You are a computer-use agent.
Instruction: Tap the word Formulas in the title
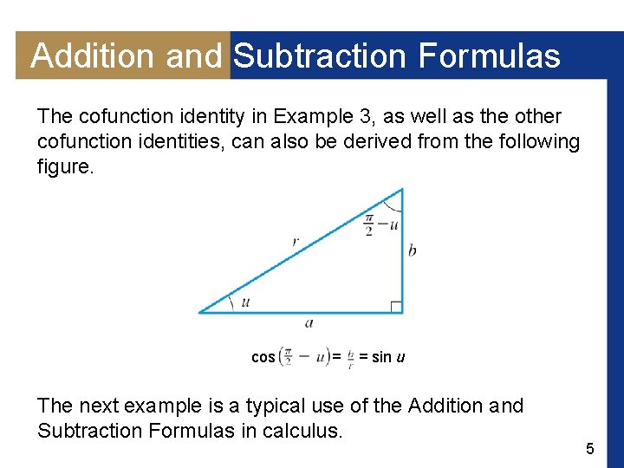click(490, 56)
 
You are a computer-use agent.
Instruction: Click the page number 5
click(590, 449)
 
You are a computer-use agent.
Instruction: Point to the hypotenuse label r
click(296, 242)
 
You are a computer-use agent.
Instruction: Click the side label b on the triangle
click(413, 250)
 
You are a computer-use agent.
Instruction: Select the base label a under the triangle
click(309, 322)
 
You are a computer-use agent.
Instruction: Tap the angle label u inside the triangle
click(247, 302)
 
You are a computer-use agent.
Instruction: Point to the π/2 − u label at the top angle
click(381, 224)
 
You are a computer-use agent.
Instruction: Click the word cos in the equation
click(263, 357)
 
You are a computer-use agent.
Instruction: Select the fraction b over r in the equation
click(349, 357)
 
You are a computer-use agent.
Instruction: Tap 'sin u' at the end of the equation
click(388, 357)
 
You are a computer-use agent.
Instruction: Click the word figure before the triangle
click(63, 166)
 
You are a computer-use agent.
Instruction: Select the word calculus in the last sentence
click(300, 430)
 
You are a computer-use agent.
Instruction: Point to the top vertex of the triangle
click(401, 189)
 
